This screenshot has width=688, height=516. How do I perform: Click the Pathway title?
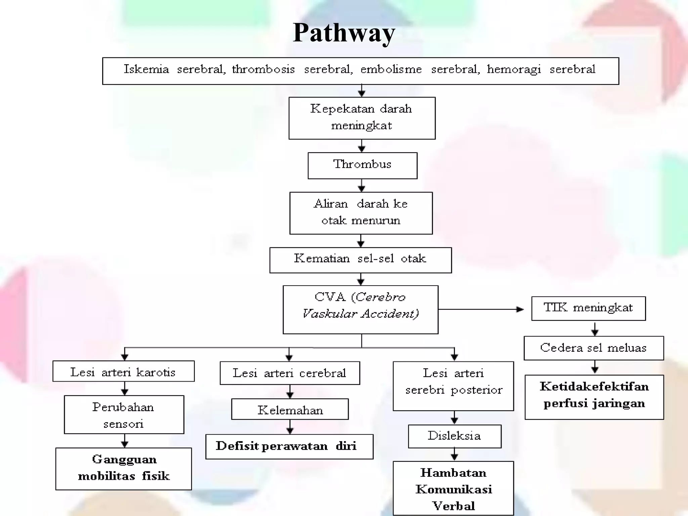click(344, 33)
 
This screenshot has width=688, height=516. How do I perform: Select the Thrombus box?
click(362, 165)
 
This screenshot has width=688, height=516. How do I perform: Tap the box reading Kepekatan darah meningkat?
click(362, 118)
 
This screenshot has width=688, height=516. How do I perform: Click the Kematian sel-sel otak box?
click(360, 260)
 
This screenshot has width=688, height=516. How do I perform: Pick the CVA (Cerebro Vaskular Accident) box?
click(360, 309)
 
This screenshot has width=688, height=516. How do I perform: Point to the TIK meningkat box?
click(588, 308)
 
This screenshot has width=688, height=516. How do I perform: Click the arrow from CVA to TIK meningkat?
click(480, 309)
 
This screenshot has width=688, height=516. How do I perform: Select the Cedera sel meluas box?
click(593, 348)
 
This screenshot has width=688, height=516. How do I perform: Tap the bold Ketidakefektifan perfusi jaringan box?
click(594, 396)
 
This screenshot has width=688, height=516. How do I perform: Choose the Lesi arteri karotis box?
click(123, 371)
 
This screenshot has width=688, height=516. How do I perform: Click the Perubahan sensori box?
click(124, 414)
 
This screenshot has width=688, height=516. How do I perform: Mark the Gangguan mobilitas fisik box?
click(123, 468)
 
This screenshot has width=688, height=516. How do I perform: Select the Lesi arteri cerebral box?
click(290, 373)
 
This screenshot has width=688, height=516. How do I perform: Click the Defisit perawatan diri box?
click(289, 446)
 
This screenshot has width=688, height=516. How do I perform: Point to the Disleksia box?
click(454, 436)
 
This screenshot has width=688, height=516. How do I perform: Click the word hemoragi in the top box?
click(514, 70)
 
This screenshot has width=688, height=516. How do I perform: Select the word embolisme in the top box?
click(391, 70)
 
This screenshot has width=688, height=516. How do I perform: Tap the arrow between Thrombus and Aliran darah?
click(361, 185)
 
